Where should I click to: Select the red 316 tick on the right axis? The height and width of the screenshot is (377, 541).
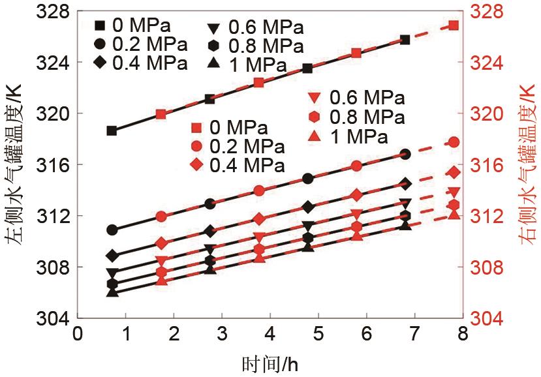(x=489, y=165)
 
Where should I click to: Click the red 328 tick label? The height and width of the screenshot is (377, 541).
(x=489, y=12)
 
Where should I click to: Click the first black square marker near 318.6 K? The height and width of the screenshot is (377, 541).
(x=112, y=130)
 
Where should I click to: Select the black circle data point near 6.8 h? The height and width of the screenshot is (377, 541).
(x=405, y=155)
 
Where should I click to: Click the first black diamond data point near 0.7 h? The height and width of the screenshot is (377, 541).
(x=112, y=255)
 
